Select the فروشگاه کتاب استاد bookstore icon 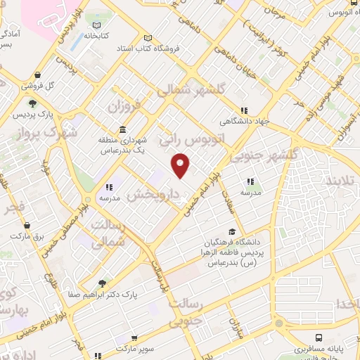pos(147,39)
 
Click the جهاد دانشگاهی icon pos(244,110)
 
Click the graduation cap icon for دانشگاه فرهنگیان pos(231,233)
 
